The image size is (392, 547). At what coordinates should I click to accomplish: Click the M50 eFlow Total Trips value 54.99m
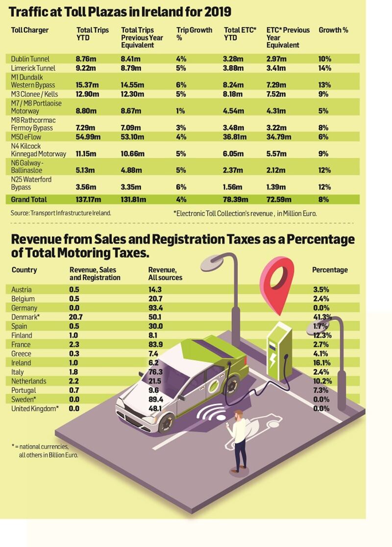[x=88, y=137]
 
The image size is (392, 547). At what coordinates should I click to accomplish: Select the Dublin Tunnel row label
[x=30, y=59]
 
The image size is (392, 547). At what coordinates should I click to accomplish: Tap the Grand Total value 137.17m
[x=88, y=199]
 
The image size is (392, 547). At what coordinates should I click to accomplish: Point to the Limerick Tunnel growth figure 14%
[x=325, y=68]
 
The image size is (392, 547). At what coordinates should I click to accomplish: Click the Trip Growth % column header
[x=194, y=34]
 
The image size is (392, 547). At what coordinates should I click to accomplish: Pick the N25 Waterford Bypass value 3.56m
[x=86, y=187]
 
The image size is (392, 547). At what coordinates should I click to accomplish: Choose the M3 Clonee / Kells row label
[x=34, y=94]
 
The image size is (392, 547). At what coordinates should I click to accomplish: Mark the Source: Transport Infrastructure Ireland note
[x=61, y=213]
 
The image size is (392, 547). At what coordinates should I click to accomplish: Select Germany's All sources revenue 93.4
[x=156, y=308]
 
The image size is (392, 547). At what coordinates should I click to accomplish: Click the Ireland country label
[x=21, y=363]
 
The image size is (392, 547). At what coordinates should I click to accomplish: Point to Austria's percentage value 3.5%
[x=321, y=289]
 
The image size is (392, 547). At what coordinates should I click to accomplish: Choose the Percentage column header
[x=330, y=270]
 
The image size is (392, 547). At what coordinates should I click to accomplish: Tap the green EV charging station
[x=279, y=351]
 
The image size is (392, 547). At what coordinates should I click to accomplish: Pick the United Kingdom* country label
[x=35, y=408]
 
